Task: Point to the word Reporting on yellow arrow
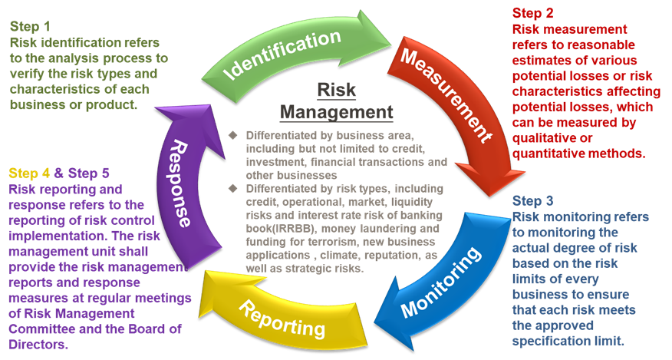[x=279, y=318]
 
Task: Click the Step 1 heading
[x=30, y=26]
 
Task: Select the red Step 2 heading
[x=532, y=13]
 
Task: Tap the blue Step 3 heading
[x=532, y=202]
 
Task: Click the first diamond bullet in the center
[x=234, y=135]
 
